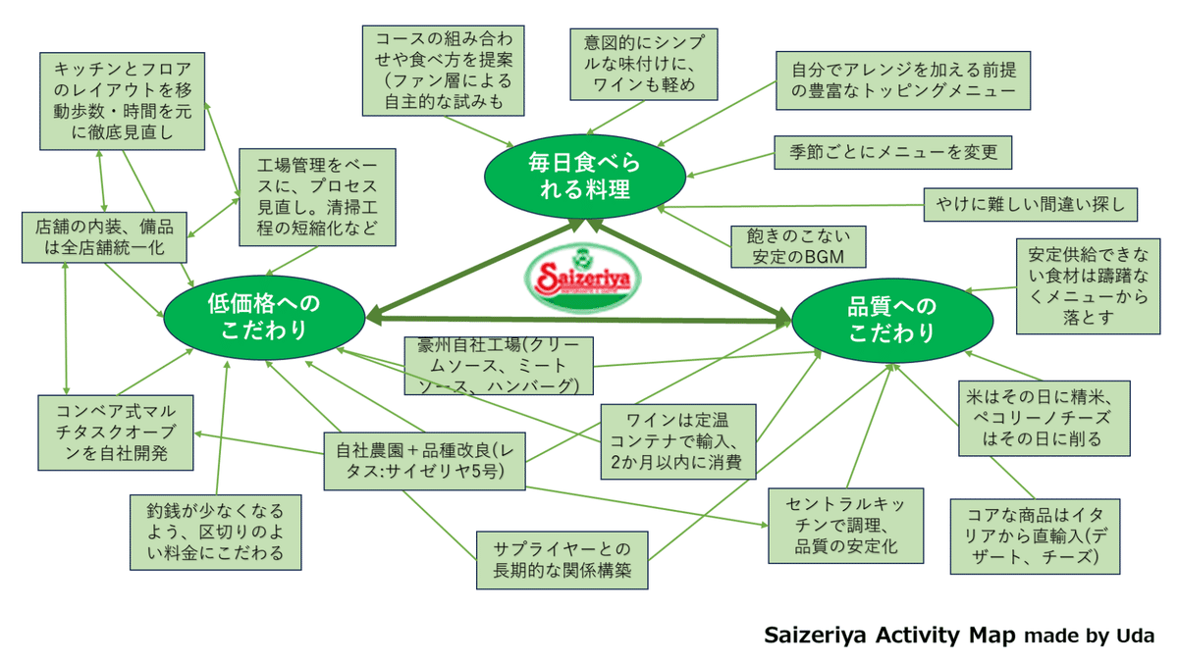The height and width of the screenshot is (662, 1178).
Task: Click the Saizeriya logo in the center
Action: point(582,280)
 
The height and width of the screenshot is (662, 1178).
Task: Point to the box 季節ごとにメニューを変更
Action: point(892,152)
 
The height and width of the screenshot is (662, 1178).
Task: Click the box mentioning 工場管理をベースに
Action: point(318,197)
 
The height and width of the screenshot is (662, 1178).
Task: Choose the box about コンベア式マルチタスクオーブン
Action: point(116,432)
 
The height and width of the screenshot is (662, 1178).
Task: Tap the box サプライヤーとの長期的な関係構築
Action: point(563,559)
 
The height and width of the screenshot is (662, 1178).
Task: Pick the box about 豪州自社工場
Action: point(499,366)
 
